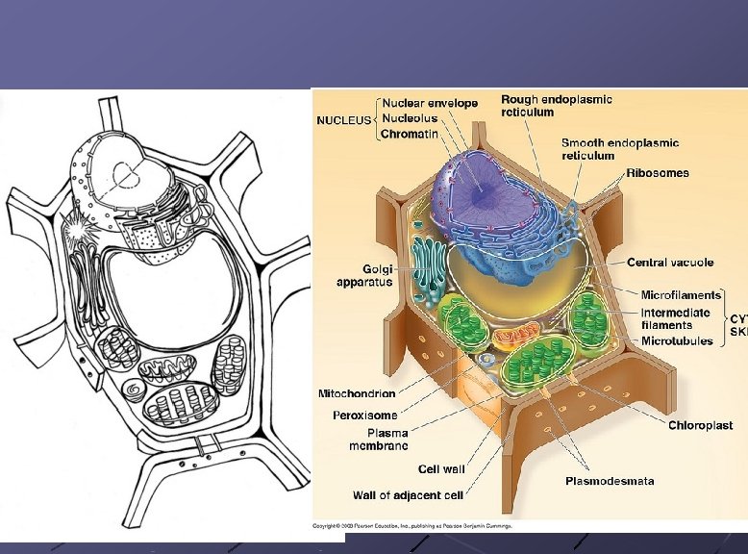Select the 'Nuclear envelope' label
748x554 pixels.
[x=430, y=104]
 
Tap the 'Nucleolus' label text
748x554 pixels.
[x=415, y=118]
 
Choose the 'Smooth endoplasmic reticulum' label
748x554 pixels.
[x=620, y=149]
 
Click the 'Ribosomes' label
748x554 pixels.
[x=658, y=173]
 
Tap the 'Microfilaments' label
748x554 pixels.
[x=681, y=295]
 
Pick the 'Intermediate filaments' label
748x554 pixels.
[x=676, y=318]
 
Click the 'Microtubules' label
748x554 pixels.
[x=677, y=340]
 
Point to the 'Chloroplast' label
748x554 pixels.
[x=701, y=425]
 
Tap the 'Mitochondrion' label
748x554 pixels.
[x=357, y=393]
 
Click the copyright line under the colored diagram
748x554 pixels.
[x=414, y=526]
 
